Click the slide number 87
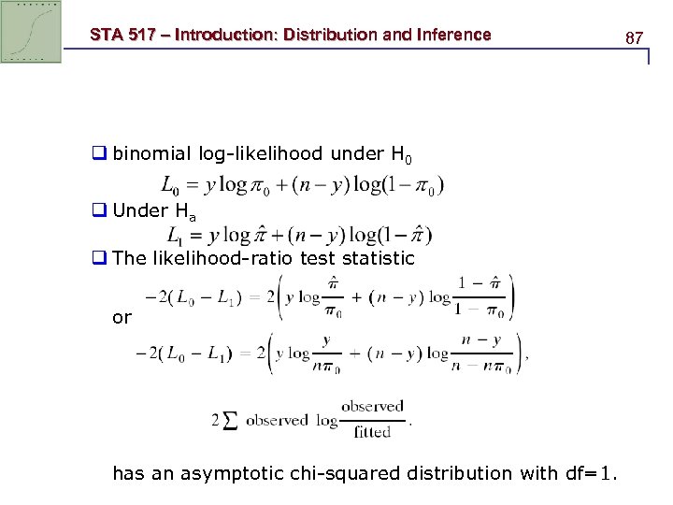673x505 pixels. (634, 38)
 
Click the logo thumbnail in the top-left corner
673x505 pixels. (31, 31)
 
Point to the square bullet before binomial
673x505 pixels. (99, 153)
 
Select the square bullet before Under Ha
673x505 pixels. (99, 210)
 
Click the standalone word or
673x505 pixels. (122, 317)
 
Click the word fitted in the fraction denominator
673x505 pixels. (372, 432)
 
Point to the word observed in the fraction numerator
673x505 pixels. (372, 407)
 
